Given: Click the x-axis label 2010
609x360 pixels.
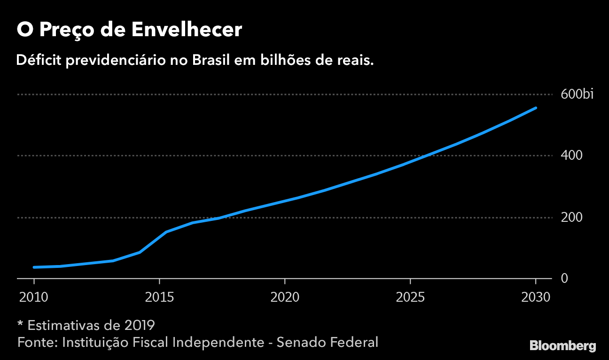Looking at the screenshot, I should (x=34, y=297).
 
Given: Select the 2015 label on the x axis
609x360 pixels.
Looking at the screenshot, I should (x=159, y=297).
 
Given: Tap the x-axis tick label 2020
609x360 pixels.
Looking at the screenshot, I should (x=285, y=297).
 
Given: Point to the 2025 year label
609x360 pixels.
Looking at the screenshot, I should (x=410, y=297).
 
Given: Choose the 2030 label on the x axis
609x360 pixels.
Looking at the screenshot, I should (x=535, y=297).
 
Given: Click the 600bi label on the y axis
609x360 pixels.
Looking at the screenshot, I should (x=577, y=94).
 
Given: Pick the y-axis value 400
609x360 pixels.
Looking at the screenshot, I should (x=571, y=156).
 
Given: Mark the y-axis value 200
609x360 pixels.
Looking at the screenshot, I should (x=571, y=218).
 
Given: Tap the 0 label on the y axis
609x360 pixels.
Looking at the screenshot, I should (x=564, y=279).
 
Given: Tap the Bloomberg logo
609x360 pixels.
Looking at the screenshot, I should (x=562, y=346).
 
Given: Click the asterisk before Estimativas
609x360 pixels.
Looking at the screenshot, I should (x=20, y=324).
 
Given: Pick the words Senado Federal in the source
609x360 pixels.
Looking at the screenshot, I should (x=328, y=342).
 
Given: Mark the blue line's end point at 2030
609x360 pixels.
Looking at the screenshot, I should (x=535, y=108).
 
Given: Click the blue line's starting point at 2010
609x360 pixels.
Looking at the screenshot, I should (x=34, y=267).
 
